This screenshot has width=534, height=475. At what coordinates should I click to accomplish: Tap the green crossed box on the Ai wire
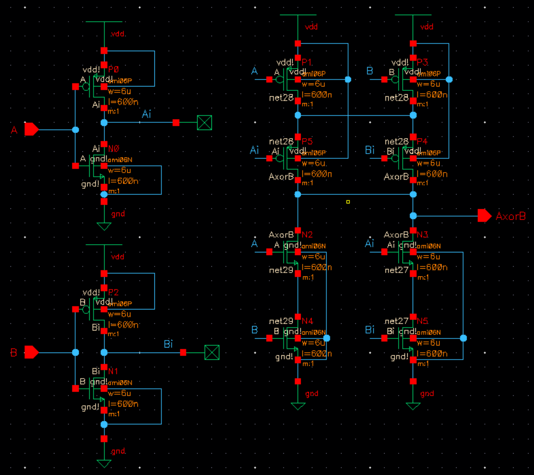coord(205,123)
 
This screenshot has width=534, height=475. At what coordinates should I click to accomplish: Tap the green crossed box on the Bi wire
coord(212,352)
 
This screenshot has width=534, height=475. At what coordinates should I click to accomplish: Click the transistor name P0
coord(113,69)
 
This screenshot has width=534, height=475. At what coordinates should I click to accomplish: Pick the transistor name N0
coord(114,149)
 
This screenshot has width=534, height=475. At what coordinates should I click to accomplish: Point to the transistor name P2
coord(113,292)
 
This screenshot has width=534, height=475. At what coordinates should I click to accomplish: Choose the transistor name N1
coord(113,371)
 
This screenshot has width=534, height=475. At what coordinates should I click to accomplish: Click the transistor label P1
coord(307,62)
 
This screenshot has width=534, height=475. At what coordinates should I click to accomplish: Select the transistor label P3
coord(422,62)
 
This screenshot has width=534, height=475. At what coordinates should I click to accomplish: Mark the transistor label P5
coord(307,141)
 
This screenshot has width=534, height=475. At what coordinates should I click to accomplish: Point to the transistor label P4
coord(422,141)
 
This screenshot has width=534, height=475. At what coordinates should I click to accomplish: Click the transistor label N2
coord(307,235)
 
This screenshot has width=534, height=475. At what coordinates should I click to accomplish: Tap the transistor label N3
coord(422,235)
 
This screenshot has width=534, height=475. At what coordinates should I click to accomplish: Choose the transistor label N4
coord(307,321)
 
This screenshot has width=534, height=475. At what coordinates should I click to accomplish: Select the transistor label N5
coord(422,321)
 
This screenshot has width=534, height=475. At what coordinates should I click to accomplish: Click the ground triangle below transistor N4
coord(298,406)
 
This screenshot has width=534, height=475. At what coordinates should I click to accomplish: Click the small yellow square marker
coord(348,202)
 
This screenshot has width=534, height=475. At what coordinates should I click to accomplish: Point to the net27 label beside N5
coord(396,321)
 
